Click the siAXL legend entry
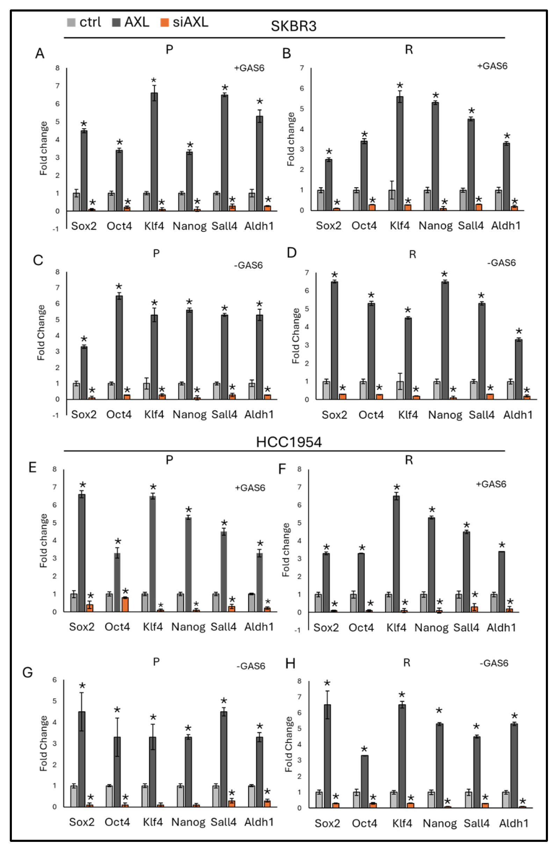(x=184, y=22)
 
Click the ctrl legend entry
(x=84, y=22)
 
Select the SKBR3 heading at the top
(x=293, y=26)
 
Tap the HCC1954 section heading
(x=289, y=442)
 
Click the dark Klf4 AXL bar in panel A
(x=154, y=152)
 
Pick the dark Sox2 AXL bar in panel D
(x=334, y=341)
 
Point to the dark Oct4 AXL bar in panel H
(x=364, y=781)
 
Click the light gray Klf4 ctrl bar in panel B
(x=392, y=200)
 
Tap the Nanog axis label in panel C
(x=189, y=415)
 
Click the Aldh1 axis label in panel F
(x=501, y=627)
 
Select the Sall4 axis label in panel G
(x=223, y=822)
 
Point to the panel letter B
(x=287, y=54)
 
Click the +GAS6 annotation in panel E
(x=250, y=488)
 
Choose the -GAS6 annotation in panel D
(x=501, y=263)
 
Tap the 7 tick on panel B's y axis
(x=302, y=68)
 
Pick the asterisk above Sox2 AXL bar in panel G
(x=82, y=686)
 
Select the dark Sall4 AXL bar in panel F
(x=467, y=572)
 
